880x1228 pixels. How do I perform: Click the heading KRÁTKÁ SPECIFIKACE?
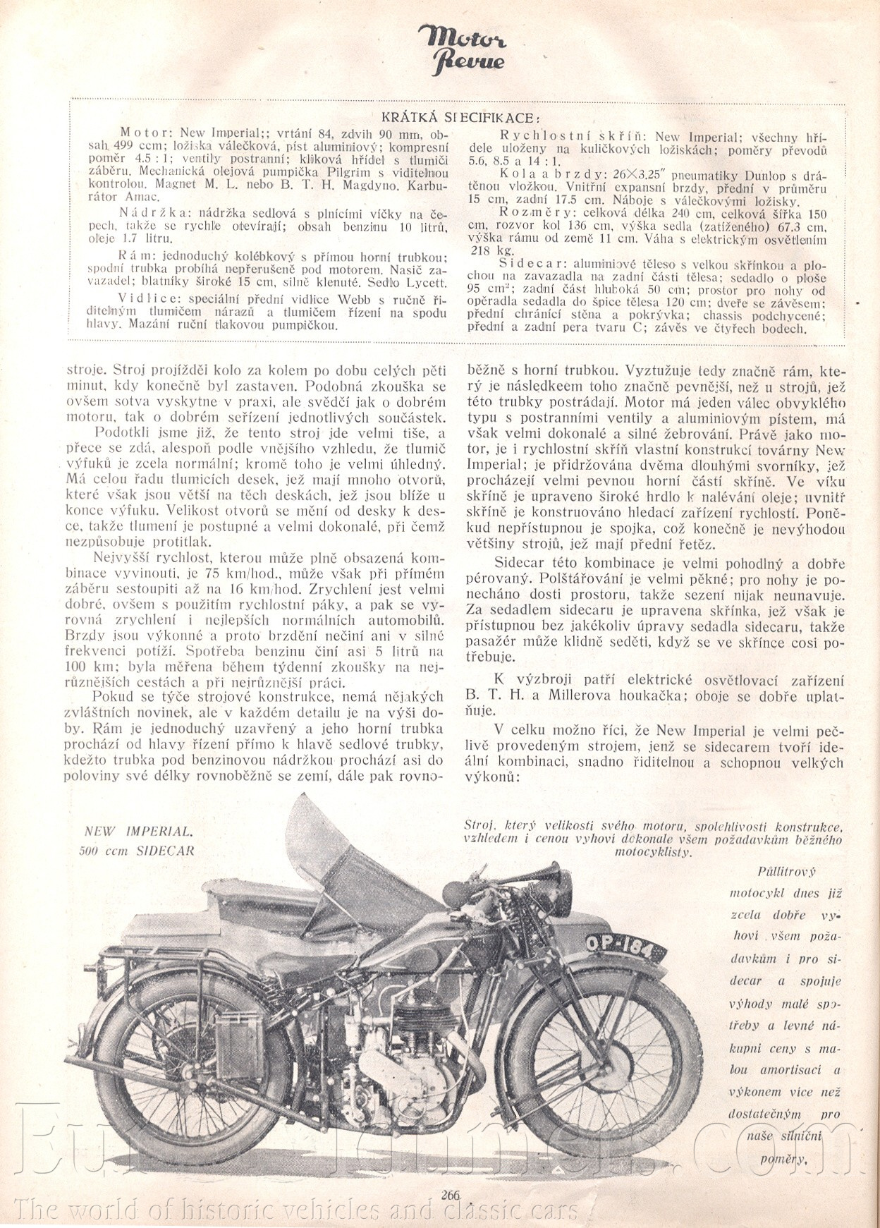click(461, 117)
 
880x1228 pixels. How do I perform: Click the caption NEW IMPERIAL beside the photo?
click(137, 831)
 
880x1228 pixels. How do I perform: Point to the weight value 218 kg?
click(484, 250)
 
